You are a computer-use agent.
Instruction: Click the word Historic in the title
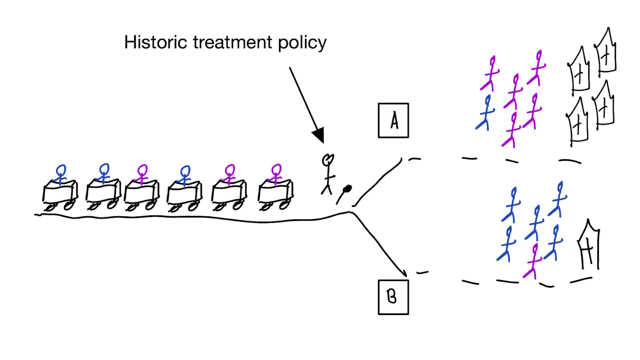(x=156, y=42)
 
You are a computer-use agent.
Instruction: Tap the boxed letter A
(x=393, y=120)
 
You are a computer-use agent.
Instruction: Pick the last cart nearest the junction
(x=275, y=195)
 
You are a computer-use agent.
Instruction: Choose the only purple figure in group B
(x=533, y=261)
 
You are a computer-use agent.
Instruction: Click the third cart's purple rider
(x=142, y=174)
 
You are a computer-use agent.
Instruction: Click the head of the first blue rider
(x=61, y=170)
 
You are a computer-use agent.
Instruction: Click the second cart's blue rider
(x=104, y=173)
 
